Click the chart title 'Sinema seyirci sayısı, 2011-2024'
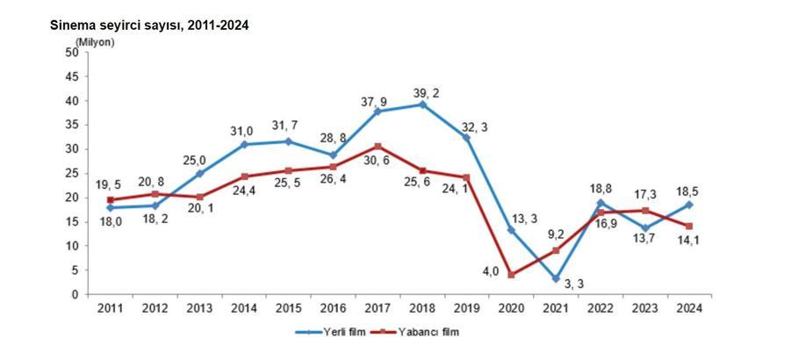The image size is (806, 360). tap(149, 25)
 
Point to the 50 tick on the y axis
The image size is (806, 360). tap(72, 53)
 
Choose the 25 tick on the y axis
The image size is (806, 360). tap(72, 174)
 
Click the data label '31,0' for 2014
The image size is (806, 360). tap(241, 131)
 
